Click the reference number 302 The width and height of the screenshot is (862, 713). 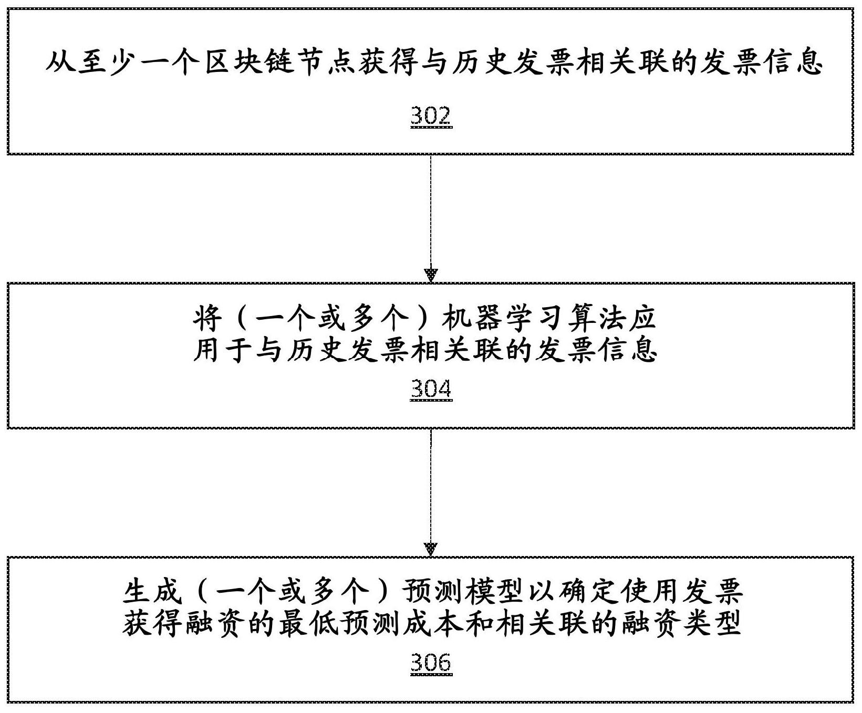[431, 116]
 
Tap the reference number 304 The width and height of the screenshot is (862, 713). [431, 389]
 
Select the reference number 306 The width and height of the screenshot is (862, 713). [431, 663]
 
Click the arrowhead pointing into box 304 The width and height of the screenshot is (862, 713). [431, 276]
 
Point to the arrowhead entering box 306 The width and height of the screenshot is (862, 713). [431, 550]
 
